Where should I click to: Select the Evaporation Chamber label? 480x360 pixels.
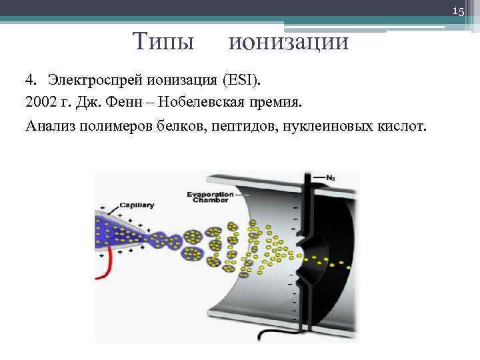coord(210,198)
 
